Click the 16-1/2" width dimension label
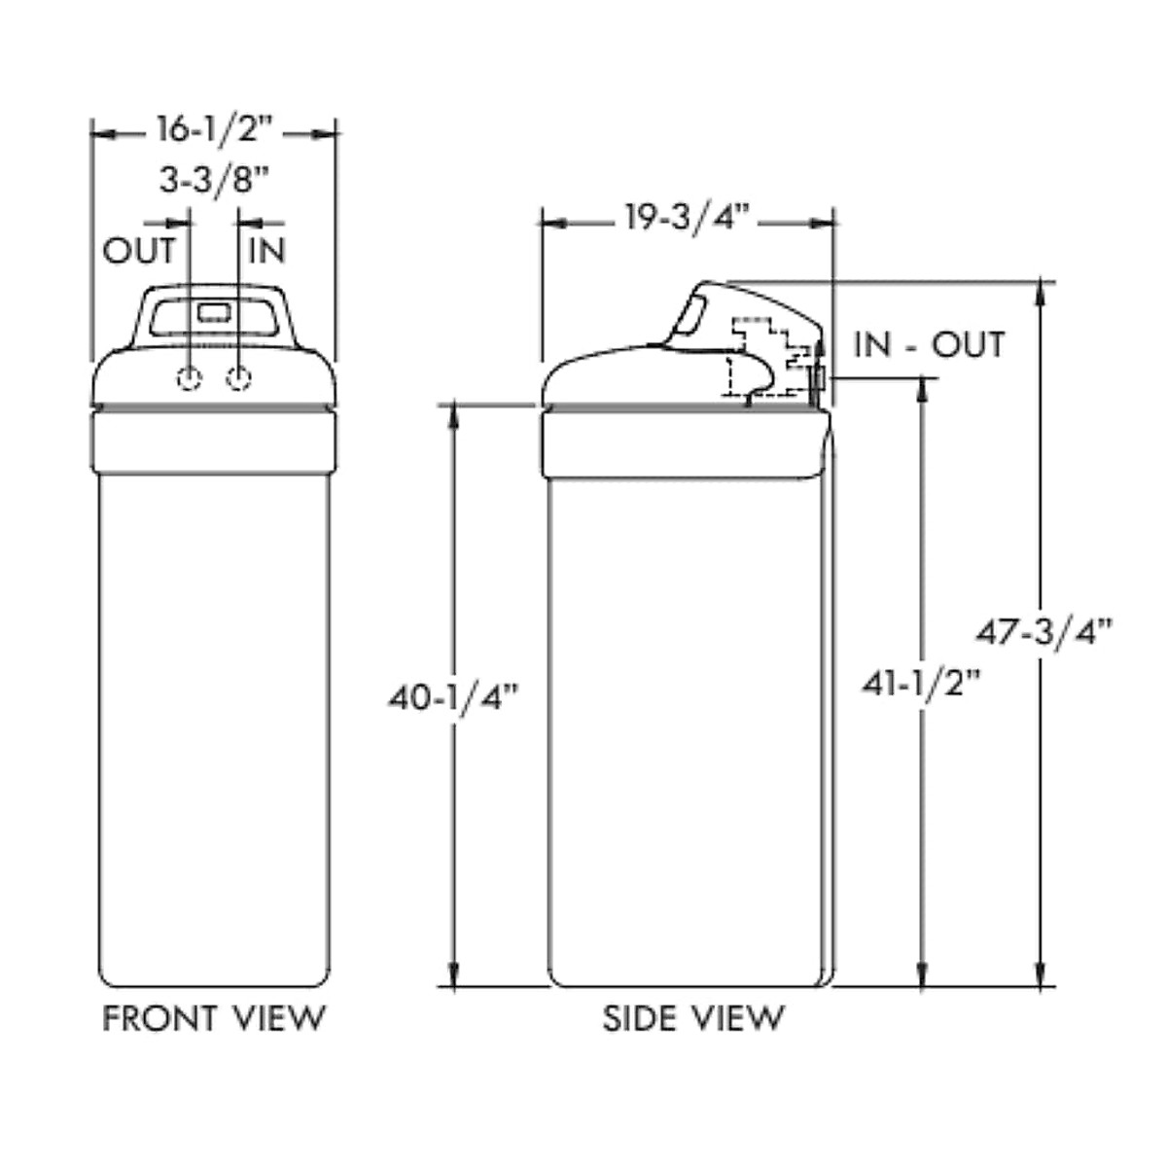[215, 129]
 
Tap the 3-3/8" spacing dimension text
[214, 180]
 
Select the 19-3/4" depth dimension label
[687, 218]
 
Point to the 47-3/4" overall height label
[1044, 633]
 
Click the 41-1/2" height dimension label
[921, 685]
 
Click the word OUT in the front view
[139, 250]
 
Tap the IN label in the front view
[266, 250]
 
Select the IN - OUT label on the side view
[930, 344]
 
